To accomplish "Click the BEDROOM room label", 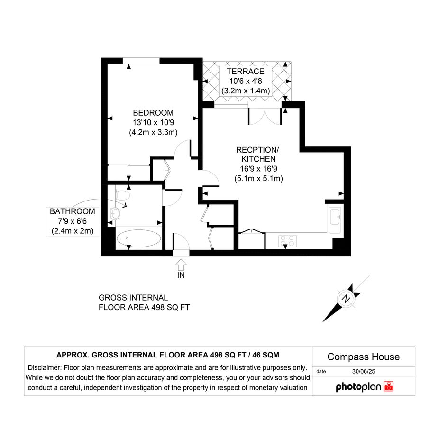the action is click(153, 113).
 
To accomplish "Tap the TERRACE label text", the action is click(246, 72).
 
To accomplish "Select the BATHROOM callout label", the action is click(72, 211).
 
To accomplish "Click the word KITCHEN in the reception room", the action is click(258, 159).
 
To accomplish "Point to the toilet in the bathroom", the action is click(123, 195).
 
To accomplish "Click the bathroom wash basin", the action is click(115, 213).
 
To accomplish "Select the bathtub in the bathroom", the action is click(139, 238).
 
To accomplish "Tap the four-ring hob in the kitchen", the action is click(287, 240).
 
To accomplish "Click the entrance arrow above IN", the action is click(181, 265).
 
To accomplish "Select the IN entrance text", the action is click(181, 275).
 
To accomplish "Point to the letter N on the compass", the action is click(346, 299).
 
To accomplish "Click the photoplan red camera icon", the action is click(389, 386).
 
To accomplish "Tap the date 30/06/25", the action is click(364, 371).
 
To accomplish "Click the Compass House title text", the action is click(364, 357).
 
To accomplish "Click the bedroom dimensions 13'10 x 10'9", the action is click(153, 123).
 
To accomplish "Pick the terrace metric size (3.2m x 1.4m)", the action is click(246, 91).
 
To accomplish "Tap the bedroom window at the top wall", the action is click(141, 61).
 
